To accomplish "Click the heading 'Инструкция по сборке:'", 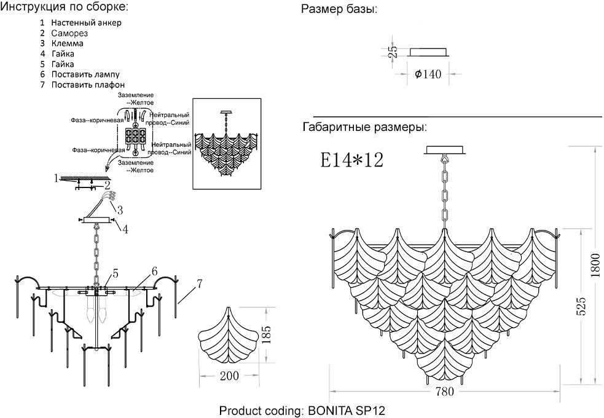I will (65, 8).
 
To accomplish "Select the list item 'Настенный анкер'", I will (86, 23).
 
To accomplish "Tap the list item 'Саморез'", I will (70, 33).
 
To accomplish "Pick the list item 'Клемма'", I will (68, 44).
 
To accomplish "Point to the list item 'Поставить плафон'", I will (88, 85).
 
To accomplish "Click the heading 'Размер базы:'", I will (339, 10).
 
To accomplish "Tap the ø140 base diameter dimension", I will (428, 74).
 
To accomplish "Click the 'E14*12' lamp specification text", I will (352, 160).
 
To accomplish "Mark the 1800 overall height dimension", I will (595, 264).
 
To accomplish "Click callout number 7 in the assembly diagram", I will (200, 284).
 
